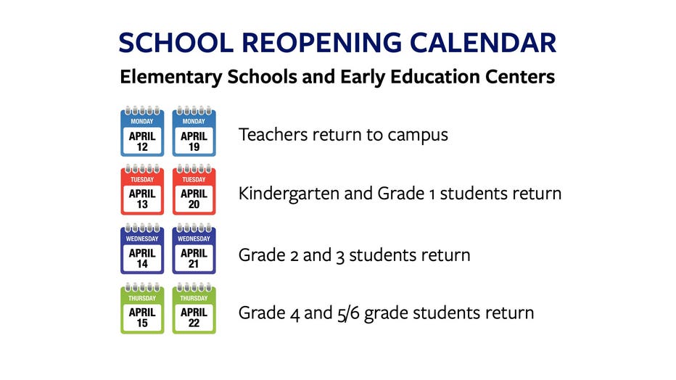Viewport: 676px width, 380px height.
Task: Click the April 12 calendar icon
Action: [x=142, y=131]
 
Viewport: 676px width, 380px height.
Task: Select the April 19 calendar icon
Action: [x=194, y=131]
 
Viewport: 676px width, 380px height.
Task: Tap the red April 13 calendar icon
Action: [x=142, y=189]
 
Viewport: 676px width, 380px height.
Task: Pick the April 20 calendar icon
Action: [x=194, y=189]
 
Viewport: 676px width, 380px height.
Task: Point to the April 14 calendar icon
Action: [x=142, y=249]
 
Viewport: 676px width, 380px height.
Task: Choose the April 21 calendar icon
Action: [x=194, y=249]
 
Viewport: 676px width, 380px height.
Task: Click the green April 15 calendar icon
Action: [x=142, y=308]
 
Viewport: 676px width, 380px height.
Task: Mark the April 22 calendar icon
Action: [x=194, y=308]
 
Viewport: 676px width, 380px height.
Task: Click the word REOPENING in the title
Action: [x=321, y=43]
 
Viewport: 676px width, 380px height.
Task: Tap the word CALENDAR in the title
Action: [x=483, y=43]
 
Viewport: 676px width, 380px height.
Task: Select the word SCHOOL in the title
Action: [x=176, y=43]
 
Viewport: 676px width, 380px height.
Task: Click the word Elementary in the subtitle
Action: [x=170, y=78]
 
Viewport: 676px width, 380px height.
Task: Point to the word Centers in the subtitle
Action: [x=520, y=77]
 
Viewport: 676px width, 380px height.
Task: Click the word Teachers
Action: [x=273, y=134]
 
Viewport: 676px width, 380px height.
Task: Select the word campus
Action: [x=418, y=136]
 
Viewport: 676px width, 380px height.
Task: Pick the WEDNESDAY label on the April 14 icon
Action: [x=142, y=239]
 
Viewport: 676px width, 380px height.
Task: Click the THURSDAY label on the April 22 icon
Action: [x=194, y=298]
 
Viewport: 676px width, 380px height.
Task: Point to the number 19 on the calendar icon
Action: [x=194, y=147]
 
